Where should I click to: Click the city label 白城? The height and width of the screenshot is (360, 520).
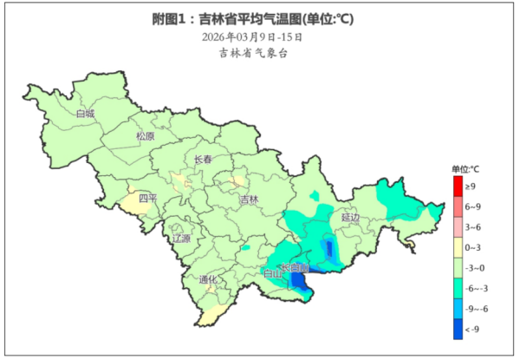[x=85, y=114]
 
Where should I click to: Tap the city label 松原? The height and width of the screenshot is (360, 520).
[x=145, y=136]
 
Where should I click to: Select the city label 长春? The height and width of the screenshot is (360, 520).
[x=202, y=159]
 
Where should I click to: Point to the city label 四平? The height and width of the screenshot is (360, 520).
[x=148, y=199]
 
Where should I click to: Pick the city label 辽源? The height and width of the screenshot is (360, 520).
[x=180, y=238]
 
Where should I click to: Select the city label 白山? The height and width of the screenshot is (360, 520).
[x=272, y=274]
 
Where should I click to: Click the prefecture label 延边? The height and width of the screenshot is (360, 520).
[x=350, y=219]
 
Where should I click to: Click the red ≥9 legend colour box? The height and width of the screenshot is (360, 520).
[x=458, y=187]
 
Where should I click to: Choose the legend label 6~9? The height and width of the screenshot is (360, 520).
[x=473, y=207]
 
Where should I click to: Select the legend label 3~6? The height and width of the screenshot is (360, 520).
[x=473, y=227]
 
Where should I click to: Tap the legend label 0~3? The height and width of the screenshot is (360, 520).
[x=473, y=248]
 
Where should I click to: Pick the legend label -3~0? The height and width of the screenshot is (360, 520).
[x=475, y=268]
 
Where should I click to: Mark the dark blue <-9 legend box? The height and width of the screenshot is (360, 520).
[x=458, y=329]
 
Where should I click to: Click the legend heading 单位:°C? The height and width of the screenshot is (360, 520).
[x=465, y=168]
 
